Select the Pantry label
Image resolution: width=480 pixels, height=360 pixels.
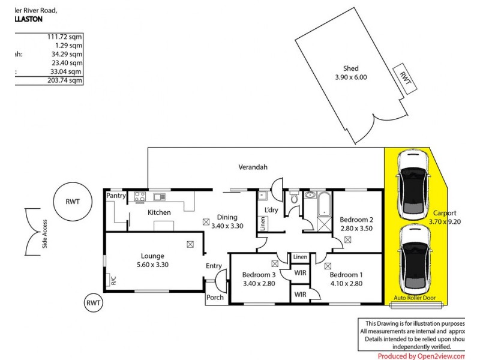click(x=115, y=196)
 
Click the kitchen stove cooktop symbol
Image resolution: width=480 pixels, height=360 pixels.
click(x=140, y=196)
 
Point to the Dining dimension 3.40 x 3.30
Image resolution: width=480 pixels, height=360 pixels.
click(x=227, y=226)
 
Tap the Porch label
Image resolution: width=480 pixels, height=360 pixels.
click(x=215, y=298)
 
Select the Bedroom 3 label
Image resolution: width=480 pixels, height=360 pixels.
click(x=259, y=275)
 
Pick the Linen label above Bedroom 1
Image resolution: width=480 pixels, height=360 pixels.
click(x=301, y=257)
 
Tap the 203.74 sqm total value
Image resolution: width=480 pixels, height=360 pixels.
click(x=66, y=80)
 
